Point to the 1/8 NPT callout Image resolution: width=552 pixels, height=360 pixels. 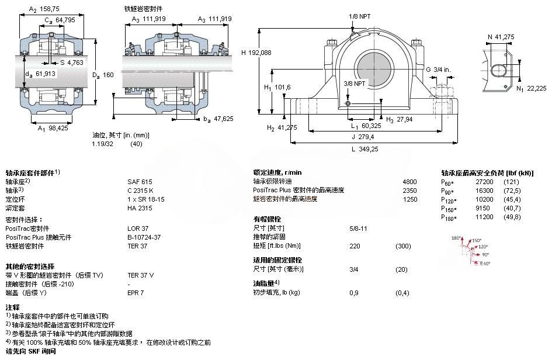point(359,16)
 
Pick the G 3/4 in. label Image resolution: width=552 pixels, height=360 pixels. point(438,70)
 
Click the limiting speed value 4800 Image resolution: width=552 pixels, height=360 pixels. point(410,181)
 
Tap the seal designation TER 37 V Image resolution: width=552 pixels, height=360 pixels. point(141,275)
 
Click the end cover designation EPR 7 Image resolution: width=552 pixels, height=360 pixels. point(136,292)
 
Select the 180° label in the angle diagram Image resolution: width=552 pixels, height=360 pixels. point(456,238)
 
